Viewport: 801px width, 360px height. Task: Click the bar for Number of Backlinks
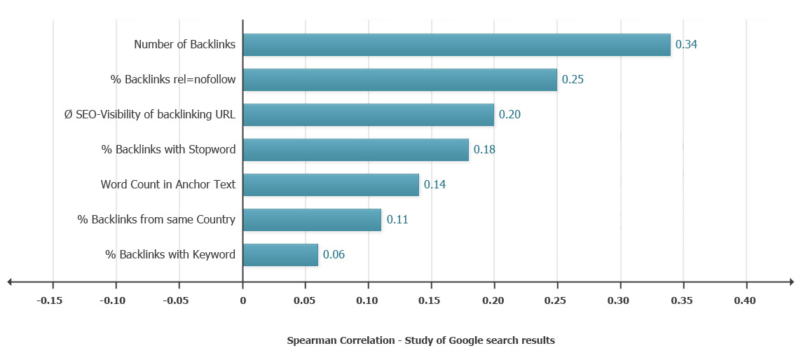click(x=456, y=45)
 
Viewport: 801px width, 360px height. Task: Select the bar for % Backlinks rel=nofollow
click(x=399, y=80)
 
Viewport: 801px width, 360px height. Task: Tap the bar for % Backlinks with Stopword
click(x=355, y=150)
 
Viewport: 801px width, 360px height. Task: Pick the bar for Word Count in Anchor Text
click(x=331, y=185)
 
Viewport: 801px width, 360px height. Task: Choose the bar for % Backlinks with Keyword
click(x=280, y=255)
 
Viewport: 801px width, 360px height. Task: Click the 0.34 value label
click(x=686, y=45)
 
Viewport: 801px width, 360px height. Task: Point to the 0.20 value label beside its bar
click(x=509, y=115)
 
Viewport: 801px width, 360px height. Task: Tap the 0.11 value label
click(x=397, y=220)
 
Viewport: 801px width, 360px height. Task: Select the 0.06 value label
click(x=334, y=255)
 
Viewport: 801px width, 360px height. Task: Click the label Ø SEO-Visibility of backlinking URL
click(x=149, y=115)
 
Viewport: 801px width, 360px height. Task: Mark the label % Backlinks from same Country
click(x=156, y=220)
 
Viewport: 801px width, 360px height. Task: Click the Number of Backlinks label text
click(x=184, y=45)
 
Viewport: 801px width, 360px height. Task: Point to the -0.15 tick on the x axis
click(x=50, y=301)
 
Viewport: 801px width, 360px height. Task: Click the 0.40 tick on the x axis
click(x=745, y=301)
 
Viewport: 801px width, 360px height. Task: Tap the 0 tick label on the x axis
click(x=242, y=301)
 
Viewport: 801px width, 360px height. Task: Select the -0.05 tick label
click(x=176, y=301)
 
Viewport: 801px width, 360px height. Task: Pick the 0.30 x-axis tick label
click(x=619, y=301)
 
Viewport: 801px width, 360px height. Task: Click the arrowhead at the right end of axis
click(x=790, y=282)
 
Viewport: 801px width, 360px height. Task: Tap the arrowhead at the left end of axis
click(x=10, y=282)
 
